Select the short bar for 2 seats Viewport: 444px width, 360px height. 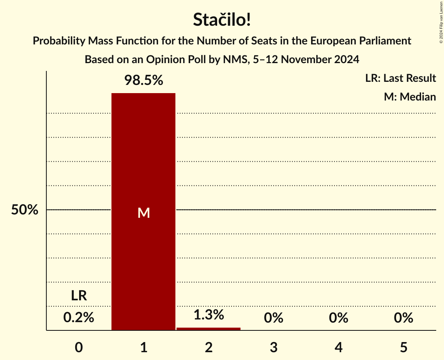(209, 329)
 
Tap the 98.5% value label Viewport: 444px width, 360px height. (143, 80)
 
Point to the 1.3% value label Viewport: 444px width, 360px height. (209, 315)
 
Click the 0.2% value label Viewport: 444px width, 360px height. (79, 318)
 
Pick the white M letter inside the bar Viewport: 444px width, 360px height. (143, 213)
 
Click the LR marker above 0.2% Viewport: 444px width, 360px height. (79, 296)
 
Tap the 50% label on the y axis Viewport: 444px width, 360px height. (25, 210)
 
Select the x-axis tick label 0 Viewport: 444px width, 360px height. (79, 347)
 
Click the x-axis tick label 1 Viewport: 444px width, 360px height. (143, 347)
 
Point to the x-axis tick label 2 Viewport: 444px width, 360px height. (209, 347)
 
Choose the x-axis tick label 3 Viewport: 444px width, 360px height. (274, 347)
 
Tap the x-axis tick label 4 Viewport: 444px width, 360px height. (338, 347)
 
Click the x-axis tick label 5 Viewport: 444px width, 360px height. (403, 347)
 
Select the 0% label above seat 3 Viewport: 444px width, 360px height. (274, 318)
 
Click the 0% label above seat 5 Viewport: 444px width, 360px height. (403, 318)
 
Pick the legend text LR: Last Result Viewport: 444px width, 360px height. (400, 78)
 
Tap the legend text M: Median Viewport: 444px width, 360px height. (410, 97)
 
